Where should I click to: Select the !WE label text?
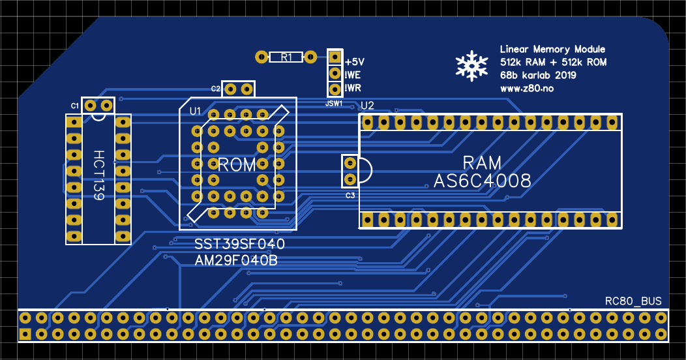point(354,74)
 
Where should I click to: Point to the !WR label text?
point(354,88)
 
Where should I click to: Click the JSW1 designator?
point(333,103)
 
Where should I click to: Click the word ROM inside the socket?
point(237,165)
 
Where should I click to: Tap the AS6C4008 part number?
point(482,181)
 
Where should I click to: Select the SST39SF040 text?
point(240,245)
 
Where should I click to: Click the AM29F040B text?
point(236,260)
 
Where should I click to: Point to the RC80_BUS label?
point(633,301)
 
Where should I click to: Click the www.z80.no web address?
point(527,88)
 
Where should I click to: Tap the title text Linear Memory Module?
point(552,50)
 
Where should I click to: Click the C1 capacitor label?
point(75,105)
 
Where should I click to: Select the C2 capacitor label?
point(215,88)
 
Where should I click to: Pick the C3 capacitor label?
point(350,195)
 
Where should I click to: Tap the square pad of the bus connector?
point(25,335)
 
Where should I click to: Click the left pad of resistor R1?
point(261,57)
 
